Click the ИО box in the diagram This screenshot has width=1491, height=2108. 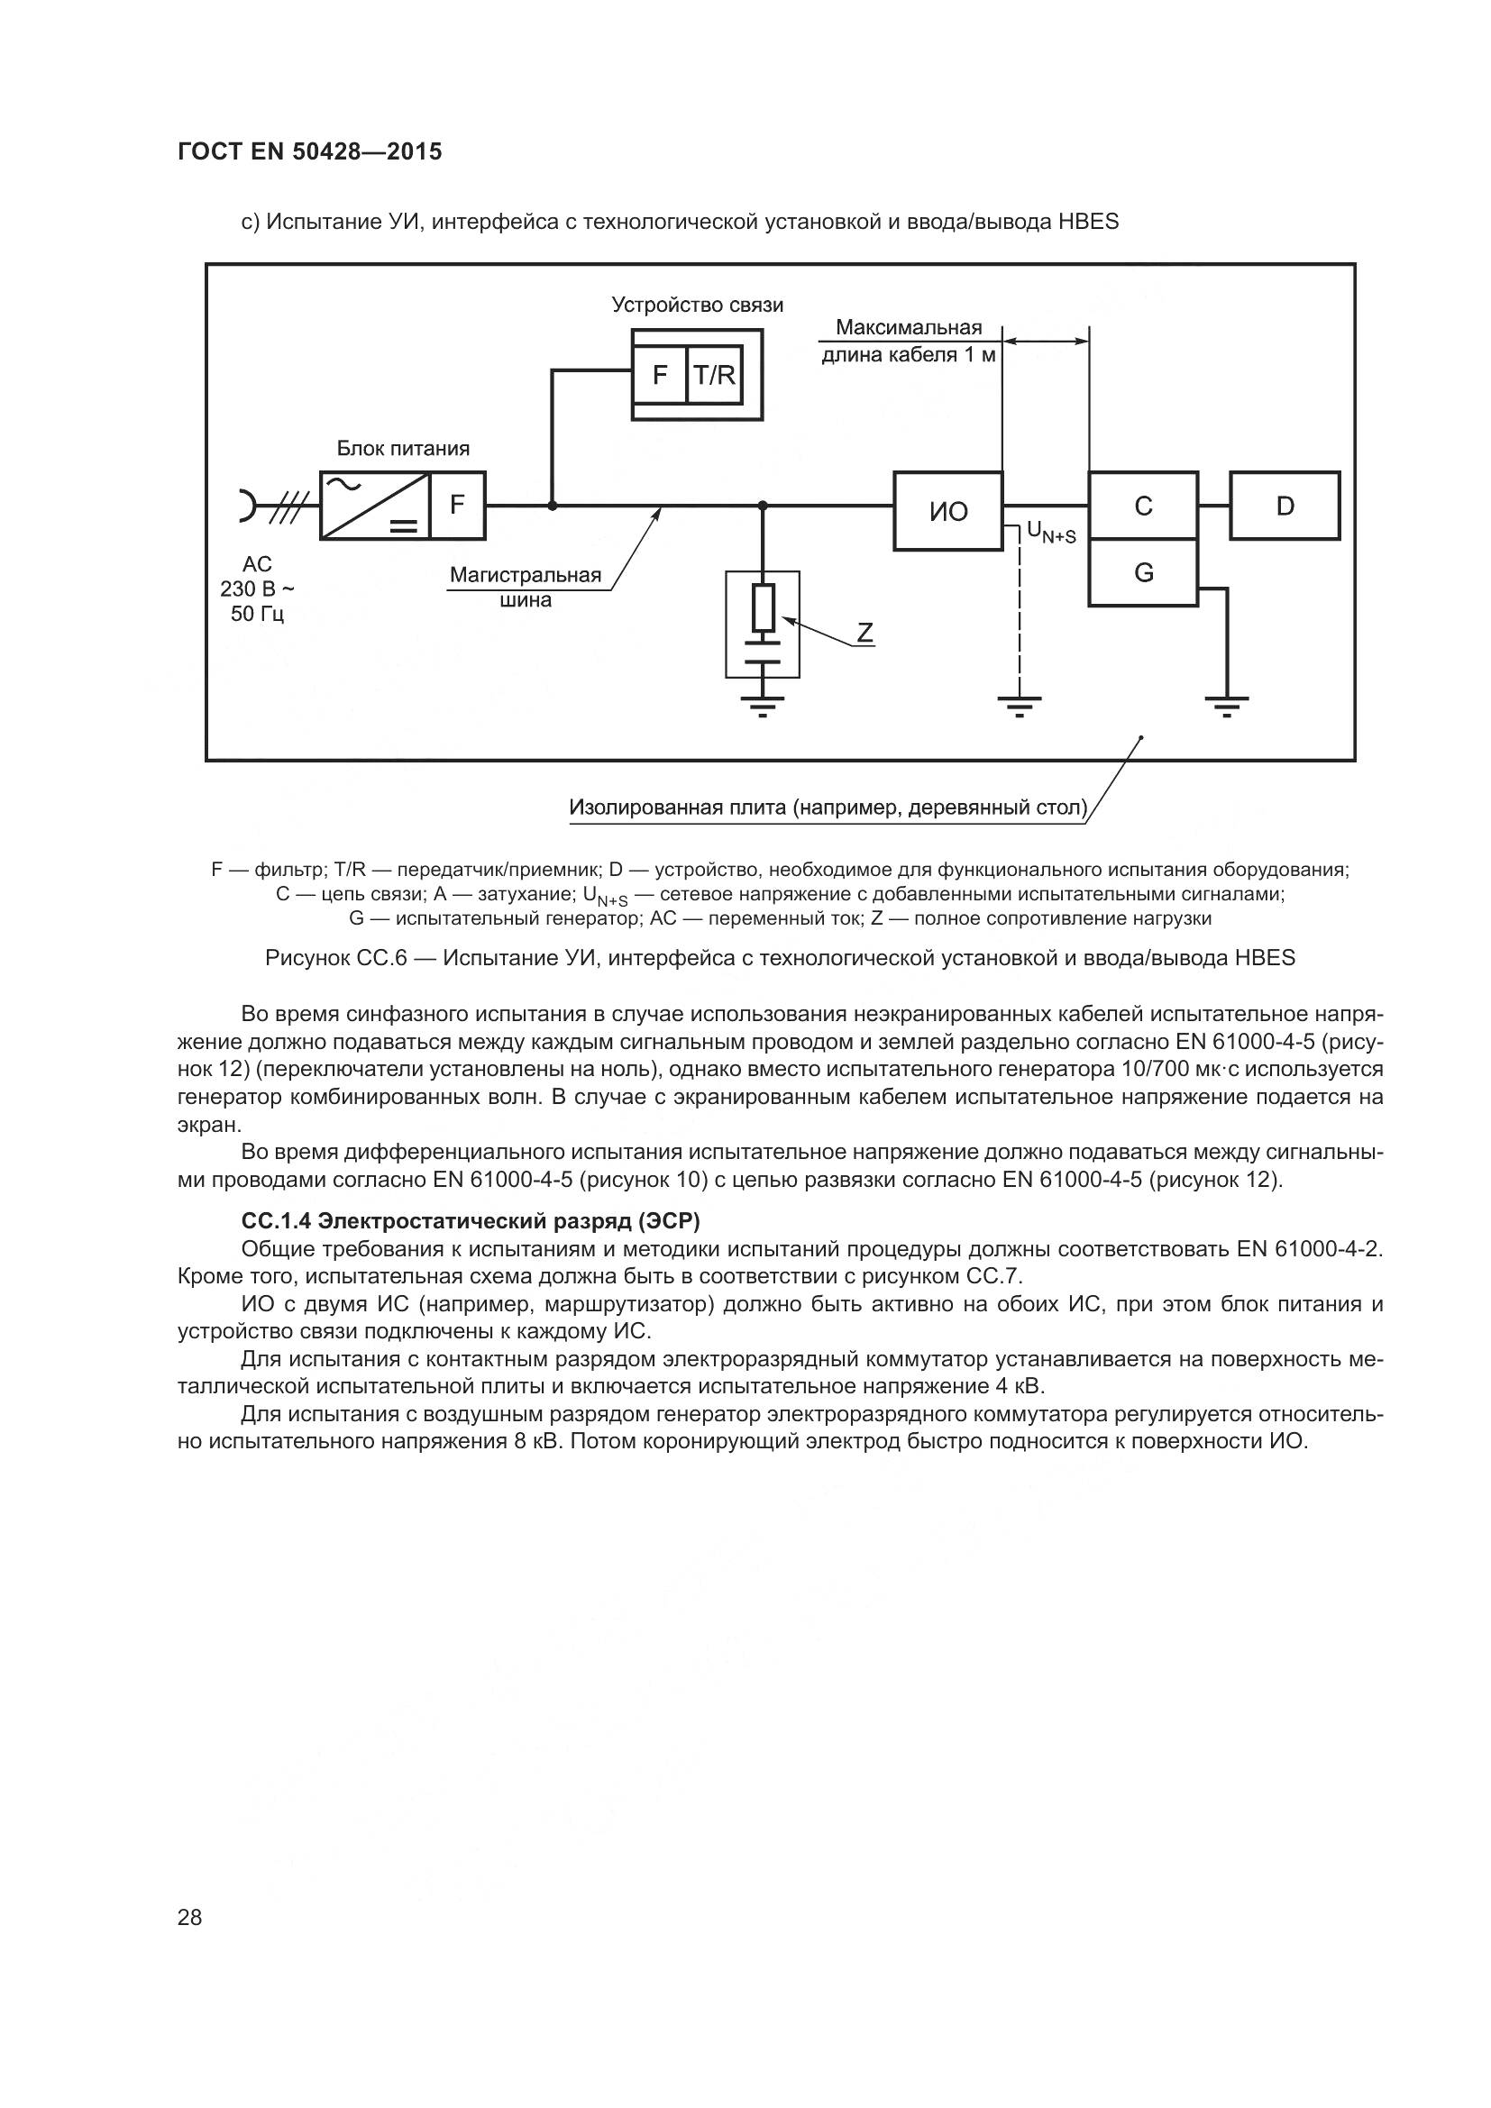pyautogui.click(x=947, y=511)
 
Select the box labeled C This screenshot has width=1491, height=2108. pyautogui.click(x=1143, y=505)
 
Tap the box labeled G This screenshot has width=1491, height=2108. pyautogui.click(x=1143, y=573)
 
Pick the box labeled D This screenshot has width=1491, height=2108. pyautogui.click(x=1285, y=505)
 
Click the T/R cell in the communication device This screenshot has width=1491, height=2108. pyautogui.click(x=715, y=375)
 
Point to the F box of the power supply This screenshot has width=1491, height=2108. pyautogui.click(x=457, y=505)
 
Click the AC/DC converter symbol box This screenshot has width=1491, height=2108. pyautogui.click(x=375, y=506)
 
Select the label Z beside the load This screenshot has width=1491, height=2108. pyautogui.click(x=864, y=633)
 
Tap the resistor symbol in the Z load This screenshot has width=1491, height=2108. pyautogui.click(x=763, y=607)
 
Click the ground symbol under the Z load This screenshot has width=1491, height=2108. pyautogui.click(x=763, y=706)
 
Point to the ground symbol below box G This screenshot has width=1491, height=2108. pyautogui.click(x=1227, y=706)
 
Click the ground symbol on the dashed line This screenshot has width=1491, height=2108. pyautogui.click(x=1020, y=706)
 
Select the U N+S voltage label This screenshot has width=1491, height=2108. pyautogui.click(x=1051, y=533)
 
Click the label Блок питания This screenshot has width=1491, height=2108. pyautogui.click(x=403, y=448)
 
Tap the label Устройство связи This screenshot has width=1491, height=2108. pyautogui.click(x=698, y=305)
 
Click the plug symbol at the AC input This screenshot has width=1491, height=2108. pyautogui.click(x=248, y=506)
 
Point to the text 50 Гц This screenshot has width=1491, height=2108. pyautogui.click(x=257, y=614)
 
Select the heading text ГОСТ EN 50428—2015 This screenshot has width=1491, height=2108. pyautogui.click(x=309, y=151)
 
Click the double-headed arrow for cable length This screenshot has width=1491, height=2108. pyautogui.click(x=1046, y=342)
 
